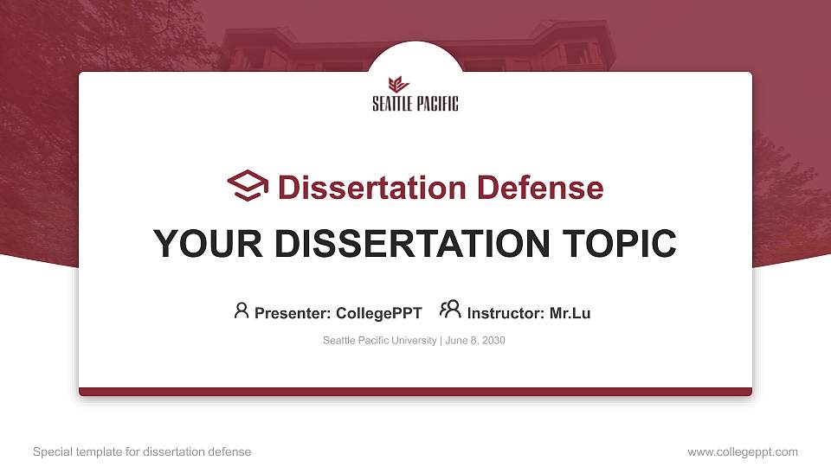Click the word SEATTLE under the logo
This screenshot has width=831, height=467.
point(390,104)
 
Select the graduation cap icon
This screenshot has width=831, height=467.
point(248,186)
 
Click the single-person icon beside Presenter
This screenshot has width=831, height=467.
point(242,310)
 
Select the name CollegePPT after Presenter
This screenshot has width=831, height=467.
point(378,313)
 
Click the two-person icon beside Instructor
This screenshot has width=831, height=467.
point(450,310)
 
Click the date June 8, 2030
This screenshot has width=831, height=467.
point(475,341)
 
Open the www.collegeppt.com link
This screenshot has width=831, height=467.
point(743,451)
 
